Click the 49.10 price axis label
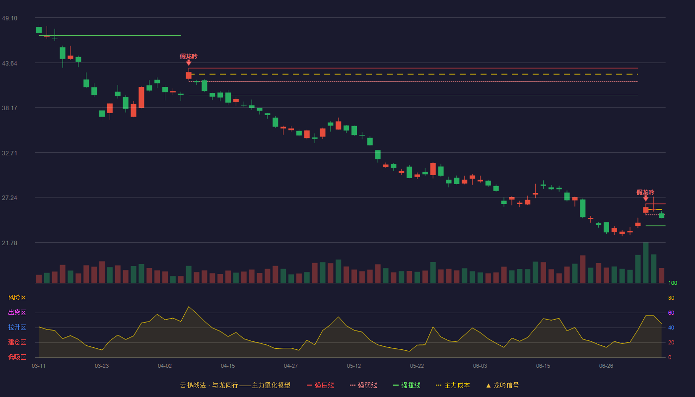point(9,18)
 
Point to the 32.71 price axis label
point(9,153)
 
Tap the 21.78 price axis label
point(9,243)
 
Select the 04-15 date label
point(228,366)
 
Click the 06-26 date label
point(606,366)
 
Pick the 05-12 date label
point(353,366)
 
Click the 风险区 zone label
point(17,298)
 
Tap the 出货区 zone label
point(17,312)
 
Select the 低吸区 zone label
point(17,357)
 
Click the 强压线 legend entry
point(320,385)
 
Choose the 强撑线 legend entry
point(407,385)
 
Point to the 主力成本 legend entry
point(453,385)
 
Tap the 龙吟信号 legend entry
point(502,385)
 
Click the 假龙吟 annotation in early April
point(189,57)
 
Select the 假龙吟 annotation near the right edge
point(645,193)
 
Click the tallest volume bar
point(646,263)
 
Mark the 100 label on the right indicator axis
point(673,283)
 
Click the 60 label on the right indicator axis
point(671,313)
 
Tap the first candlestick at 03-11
point(39,29)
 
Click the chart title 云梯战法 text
point(193,385)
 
